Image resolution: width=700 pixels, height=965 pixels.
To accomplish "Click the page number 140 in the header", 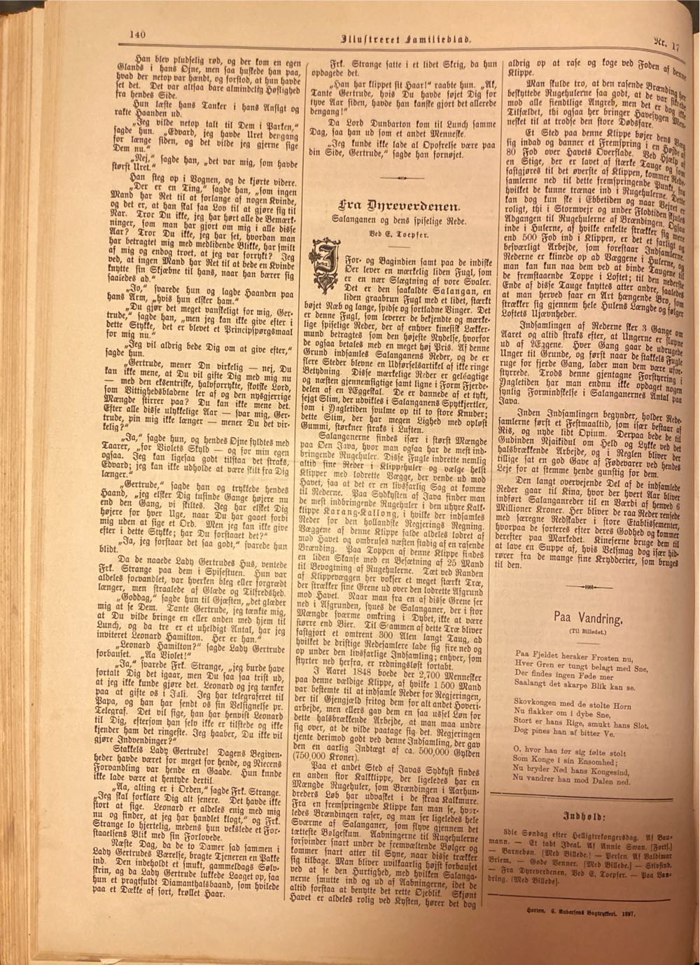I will pyautogui.click(x=136, y=32).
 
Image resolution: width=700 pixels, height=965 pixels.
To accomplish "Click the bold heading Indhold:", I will pyautogui.click(x=587, y=816).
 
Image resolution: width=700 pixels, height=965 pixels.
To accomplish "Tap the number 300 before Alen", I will pyautogui.click(x=393, y=641).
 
